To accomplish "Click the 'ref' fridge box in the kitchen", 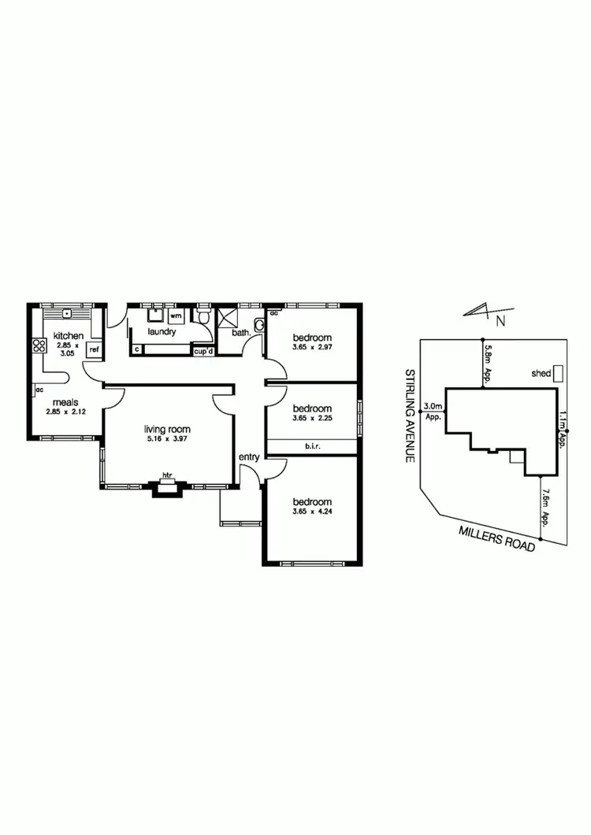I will point(94,349).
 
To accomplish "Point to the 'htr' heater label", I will point(167,475).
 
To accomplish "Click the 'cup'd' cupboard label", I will point(204,351).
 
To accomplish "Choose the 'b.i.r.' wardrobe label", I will point(313,446).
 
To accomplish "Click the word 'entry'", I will point(250,456).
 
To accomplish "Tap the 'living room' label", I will point(167,429).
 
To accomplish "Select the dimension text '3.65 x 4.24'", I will point(312,512).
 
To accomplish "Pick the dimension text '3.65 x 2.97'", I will point(312,347).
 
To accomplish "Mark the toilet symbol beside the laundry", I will point(204,317).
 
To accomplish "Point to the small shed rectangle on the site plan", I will point(558,372).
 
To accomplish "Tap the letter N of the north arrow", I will point(500,320).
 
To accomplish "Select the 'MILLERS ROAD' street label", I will point(497,538).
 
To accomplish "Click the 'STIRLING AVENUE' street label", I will point(410,414).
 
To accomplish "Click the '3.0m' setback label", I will point(433,406).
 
